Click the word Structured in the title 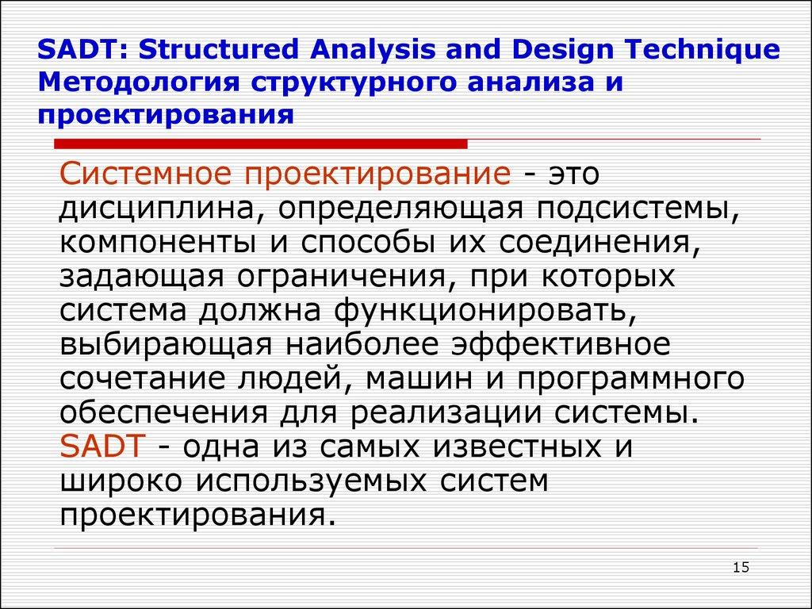(216, 50)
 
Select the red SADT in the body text (101, 446)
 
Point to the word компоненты (156, 242)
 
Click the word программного (632, 378)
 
